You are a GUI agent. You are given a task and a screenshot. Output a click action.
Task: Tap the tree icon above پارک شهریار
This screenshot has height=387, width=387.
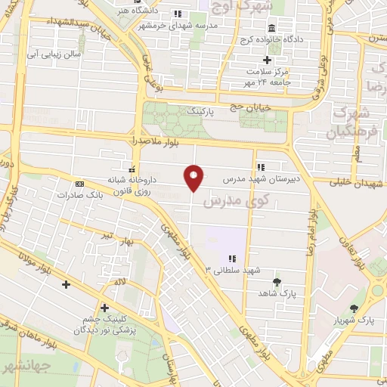355,308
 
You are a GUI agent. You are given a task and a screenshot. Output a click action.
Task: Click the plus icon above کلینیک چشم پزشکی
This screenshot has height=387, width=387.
104,308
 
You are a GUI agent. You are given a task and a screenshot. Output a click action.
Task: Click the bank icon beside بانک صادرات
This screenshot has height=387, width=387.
79,184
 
